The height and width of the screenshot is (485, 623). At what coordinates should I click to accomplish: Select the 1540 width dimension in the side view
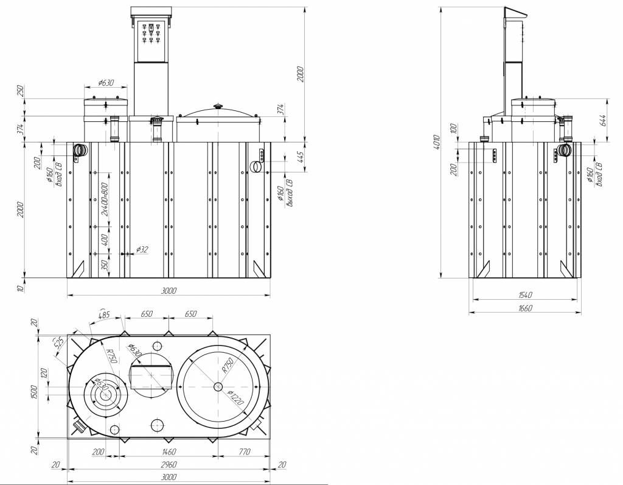tap(524, 296)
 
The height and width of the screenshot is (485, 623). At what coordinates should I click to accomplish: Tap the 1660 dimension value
tap(524, 309)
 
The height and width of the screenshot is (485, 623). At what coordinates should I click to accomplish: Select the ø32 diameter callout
tap(142, 249)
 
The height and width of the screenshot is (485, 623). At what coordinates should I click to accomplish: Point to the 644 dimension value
tap(602, 120)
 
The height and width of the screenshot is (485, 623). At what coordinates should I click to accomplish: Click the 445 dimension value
tap(299, 157)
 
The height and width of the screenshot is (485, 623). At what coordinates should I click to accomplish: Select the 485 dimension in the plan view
tap(104, 316)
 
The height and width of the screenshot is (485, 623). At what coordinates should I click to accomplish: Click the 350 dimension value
tap(104, 266)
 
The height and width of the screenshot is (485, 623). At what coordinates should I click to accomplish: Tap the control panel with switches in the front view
tap(151, 41)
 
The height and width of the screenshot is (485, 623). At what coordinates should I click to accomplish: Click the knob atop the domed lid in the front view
tap(218, 107)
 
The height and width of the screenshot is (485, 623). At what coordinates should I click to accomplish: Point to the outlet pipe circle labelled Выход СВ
tap(257, 166)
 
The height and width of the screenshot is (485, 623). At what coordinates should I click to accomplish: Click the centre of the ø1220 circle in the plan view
tap(219, 386)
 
